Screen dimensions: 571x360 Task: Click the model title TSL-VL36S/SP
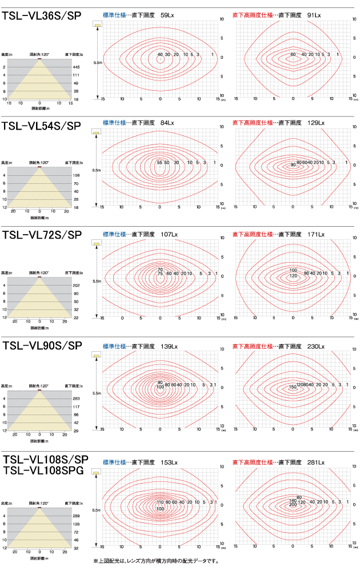pyautogui.click(x=42, y=17)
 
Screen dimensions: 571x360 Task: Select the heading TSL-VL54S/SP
pyautogui.click(x=42, y=126)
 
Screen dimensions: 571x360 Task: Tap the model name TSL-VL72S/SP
pyautogui.click(x=42, y=235)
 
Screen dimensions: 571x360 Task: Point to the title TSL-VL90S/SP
pyautogui.click(x=42, y=345)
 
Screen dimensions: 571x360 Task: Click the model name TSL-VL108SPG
pyautogui.click(x=43, y=471)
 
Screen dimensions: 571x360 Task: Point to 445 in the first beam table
pyautogui.click(x=77, y=67)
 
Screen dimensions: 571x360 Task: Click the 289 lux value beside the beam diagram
pyautogui.click(x=77, y=516)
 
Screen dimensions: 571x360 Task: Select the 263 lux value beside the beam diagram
pyautogui.click(x=77, y=399)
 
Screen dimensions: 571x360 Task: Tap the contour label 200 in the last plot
pyautogui.click(x=293, y=505)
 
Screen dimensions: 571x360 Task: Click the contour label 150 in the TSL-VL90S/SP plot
pyautogui.click(x=292, y=388)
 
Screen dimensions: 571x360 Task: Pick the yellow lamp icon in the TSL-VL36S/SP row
pyautogui.click(x=98, y=25)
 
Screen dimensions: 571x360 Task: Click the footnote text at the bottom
pyautogui.click(x=156, y=561)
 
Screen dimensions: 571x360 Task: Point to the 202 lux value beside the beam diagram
pyautogui.click(x=77, y=285)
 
